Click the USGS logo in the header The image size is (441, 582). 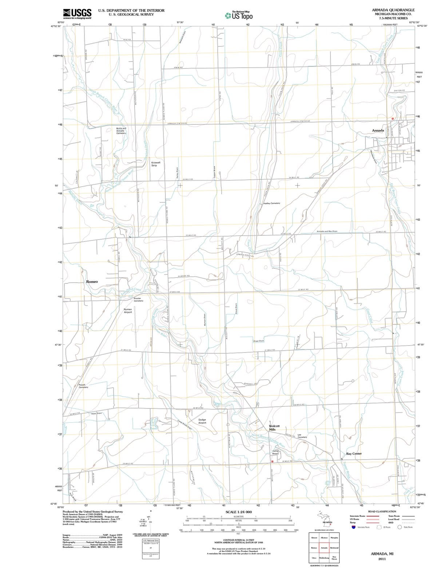77,13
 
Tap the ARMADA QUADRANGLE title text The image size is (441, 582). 393,10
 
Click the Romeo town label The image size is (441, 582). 92,282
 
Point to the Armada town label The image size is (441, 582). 378,130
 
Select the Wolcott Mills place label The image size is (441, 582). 274,427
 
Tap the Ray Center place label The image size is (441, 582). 354,454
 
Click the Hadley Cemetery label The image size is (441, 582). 271,203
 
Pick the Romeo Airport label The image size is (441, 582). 128,311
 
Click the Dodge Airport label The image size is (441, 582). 202,421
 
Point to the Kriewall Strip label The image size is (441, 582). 156,164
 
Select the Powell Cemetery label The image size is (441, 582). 83,386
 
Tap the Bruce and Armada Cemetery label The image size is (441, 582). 121,131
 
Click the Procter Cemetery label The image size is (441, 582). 138,299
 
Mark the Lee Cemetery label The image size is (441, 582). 302,436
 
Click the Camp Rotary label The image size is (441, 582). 275,452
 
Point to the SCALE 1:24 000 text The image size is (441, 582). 238,512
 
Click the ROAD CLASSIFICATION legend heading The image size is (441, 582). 382,511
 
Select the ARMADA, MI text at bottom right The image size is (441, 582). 382,554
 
